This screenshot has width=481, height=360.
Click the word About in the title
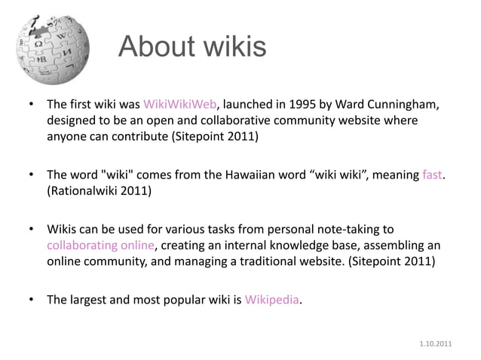(x=155, y=47)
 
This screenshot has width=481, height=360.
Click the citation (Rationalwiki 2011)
(x=99, y=191)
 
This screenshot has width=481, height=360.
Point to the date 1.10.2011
(x=436, y=343)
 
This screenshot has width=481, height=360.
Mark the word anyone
(x=68, y=136)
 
